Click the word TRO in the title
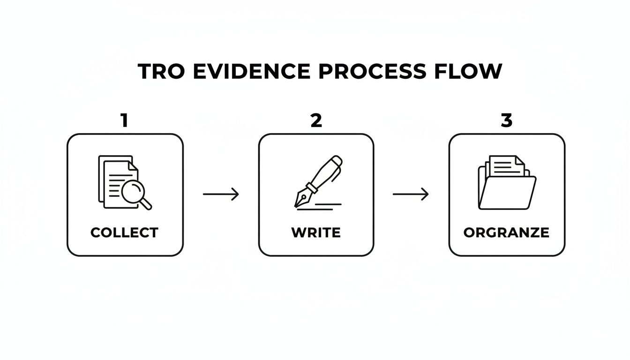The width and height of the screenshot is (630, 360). (161, 71)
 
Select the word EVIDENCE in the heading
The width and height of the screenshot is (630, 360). (251, 71)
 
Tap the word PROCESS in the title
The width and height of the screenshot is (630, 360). (372, 71)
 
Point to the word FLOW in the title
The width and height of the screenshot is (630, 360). (468, 71)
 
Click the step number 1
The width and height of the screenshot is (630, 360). (125, 120)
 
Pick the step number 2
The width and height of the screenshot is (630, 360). (316, 120)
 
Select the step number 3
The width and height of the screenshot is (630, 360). (507, 120)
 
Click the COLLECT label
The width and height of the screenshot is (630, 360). (124, 232)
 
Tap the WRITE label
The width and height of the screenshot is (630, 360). (316, 232)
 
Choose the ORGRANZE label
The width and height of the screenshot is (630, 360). (506, 232)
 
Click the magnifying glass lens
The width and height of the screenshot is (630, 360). (133, 191)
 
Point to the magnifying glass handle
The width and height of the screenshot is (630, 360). (146, 204)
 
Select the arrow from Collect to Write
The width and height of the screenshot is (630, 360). (221, 194)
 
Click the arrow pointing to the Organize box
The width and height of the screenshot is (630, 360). (411, 194)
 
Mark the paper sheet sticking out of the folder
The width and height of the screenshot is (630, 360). (507, 166)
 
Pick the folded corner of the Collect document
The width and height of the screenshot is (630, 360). (133, 166)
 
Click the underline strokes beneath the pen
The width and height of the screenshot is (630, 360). (319, 207)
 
